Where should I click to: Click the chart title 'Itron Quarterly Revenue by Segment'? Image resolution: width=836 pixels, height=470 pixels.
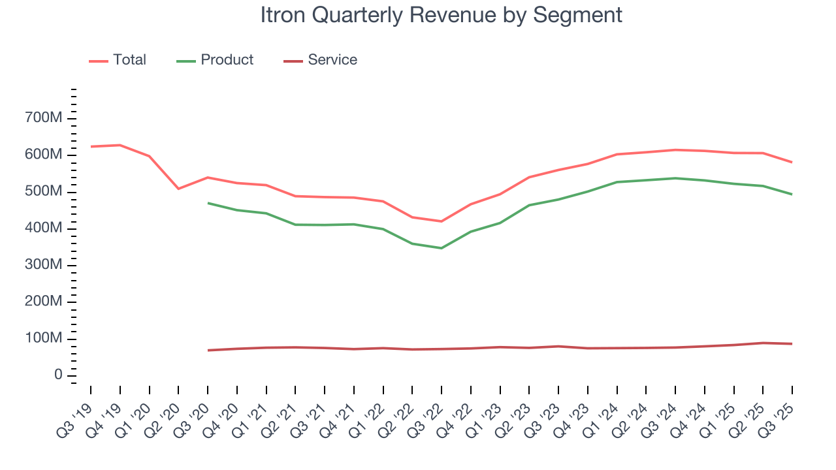click(441, 15)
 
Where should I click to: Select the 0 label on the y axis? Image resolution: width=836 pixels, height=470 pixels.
click(57, 375)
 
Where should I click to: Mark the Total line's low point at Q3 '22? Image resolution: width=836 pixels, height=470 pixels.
click(442, 221)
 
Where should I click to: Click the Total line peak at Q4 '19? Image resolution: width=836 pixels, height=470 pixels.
click(120, 145)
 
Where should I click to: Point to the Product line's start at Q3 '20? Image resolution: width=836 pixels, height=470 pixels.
click(208, 203)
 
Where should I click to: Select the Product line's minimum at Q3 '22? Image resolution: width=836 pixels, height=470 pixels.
click(442, 248)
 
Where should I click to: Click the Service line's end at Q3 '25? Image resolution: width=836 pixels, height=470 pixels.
click(792, 344)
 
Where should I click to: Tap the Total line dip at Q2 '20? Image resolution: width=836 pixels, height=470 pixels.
click(178, 189)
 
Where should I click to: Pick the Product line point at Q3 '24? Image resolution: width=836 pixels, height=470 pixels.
click(675, 178)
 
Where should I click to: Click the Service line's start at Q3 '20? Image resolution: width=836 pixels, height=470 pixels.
click(208, 351)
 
